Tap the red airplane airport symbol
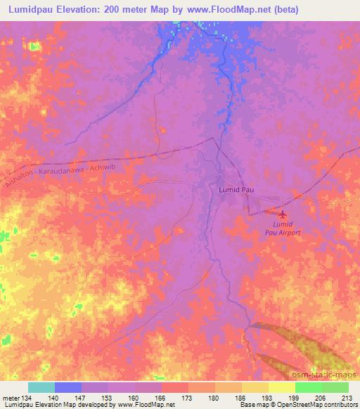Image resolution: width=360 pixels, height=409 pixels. point(283,214)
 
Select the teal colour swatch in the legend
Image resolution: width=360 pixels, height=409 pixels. point(41,387)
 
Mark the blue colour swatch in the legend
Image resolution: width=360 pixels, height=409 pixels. point(68,387)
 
